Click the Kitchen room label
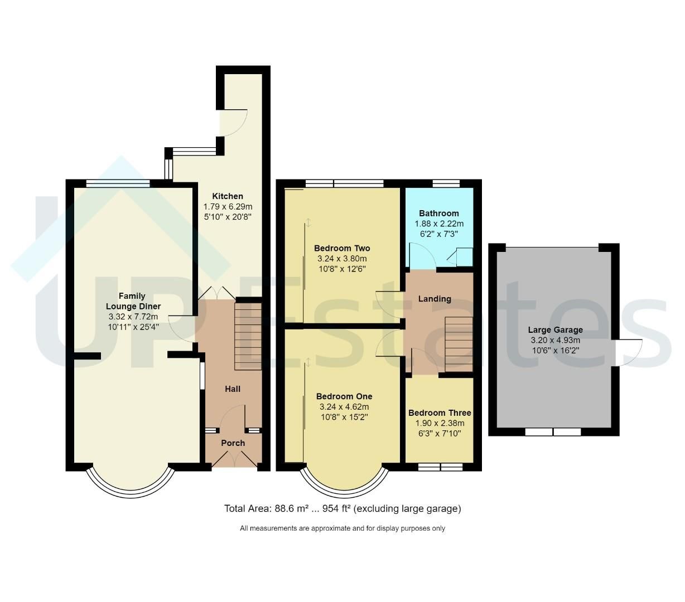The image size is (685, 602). point(227,196)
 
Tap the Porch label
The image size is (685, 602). point(233,443)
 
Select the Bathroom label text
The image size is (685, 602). point(438,213)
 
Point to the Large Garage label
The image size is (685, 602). point(555,330)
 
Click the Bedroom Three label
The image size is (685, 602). point(440,413)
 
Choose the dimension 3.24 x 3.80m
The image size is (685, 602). point(342,259)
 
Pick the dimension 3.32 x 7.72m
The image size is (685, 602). point(133,317)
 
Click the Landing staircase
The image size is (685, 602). point(459,343)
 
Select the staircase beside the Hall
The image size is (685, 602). point(248,336)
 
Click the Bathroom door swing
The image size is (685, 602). point(422,257)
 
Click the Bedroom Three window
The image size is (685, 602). point(440,467)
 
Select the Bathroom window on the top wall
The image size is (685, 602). point(446,183)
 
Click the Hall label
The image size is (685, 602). point(233,389)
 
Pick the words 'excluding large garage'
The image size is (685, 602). point(407,509)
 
